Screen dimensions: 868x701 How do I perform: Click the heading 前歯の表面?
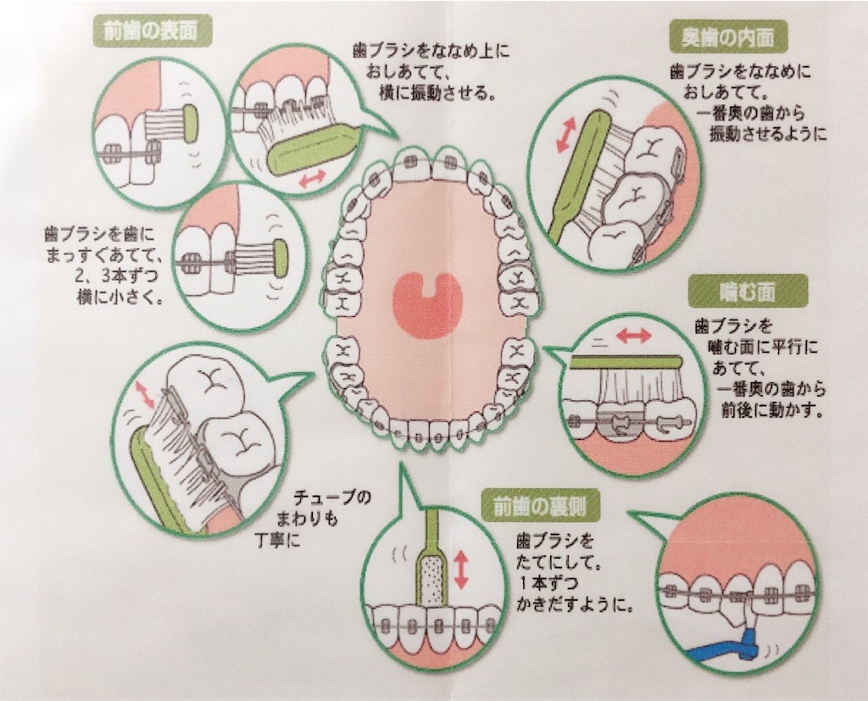[150, 31]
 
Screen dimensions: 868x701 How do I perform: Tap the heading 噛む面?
[746, 292]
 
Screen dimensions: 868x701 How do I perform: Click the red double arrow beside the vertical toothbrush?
[460, 570]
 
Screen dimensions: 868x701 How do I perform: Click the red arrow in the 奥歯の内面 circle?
[565, 135]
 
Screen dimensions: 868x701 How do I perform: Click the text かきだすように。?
[575, 604]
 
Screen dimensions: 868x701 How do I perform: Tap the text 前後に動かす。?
[771, 410]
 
